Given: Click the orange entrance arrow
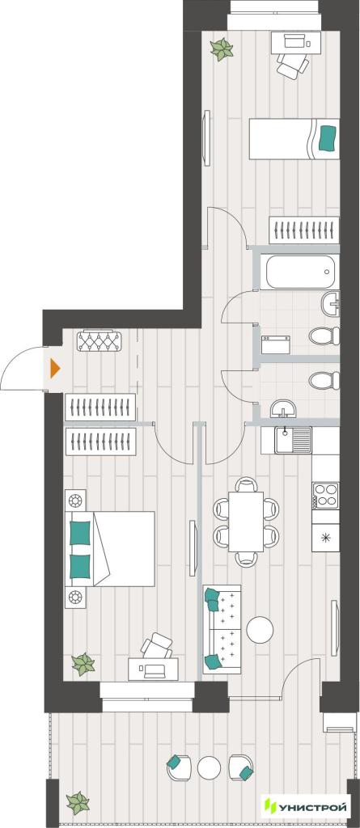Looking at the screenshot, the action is (x=55, y=368).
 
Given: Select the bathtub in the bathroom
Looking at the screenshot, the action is (x=299, y=272).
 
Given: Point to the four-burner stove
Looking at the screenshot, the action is (x=326, y=495).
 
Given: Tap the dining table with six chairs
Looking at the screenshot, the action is (x=246, y=522).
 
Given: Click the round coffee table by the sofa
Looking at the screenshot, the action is (x=260, y=630).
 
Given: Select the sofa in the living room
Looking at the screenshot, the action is (x=222, y=629).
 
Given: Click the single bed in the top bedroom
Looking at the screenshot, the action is (x=294, y=138).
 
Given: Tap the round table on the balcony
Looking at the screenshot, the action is (x=209, y=768).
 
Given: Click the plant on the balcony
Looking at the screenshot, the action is (x=78, y=803).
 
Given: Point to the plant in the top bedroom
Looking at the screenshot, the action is (x=222, y=49).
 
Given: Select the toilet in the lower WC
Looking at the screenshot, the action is (x=324, y=380).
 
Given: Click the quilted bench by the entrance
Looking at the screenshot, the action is (x=100, y=341).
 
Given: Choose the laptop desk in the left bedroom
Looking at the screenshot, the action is (x=154, y=669).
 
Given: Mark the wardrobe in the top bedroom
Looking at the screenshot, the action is (x=303, y=230).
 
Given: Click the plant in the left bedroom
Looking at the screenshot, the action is (x=83, y=665).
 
